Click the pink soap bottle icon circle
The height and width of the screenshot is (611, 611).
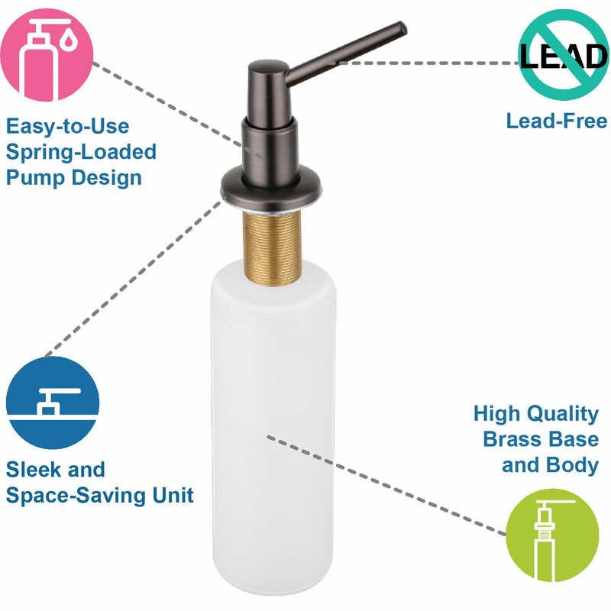47,54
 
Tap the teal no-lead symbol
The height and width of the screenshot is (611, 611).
564,54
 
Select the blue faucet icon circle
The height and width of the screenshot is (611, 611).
53,402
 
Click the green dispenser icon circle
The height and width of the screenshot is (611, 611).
552,535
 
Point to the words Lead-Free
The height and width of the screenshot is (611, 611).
557,121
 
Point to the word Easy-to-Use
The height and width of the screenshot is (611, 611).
67,127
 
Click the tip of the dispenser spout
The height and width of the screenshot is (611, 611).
402,27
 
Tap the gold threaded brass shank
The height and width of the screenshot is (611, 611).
273,247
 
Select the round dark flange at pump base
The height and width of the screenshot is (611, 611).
271,189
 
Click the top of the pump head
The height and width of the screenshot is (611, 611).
268,66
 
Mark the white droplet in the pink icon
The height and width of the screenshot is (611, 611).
69,40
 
